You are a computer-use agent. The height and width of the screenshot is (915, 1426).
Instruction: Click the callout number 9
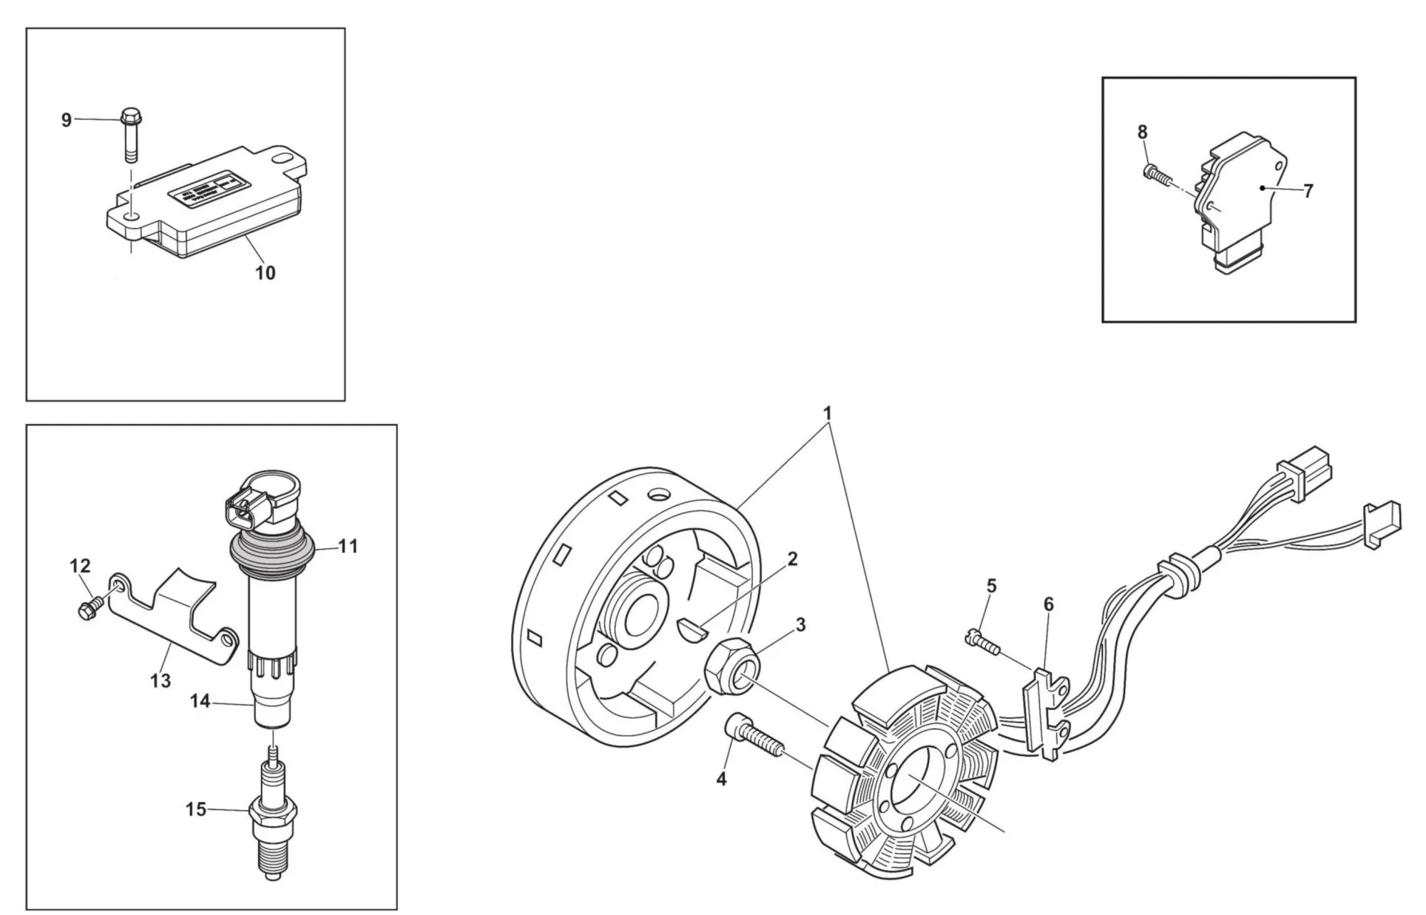click(x=66, y=120)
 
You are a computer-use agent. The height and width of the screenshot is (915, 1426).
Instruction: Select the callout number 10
click(x=265, y=273)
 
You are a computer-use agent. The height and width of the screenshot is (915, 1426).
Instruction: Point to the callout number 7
click(x=1308, y=191)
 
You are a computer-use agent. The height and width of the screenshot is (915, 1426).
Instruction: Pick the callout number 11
click(x=348, y=547)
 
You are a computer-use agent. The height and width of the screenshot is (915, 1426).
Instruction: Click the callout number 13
click(x=160, y=681)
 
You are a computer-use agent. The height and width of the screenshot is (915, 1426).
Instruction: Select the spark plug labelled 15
click(x=272, y=820)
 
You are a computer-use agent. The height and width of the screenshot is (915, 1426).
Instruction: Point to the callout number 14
click(x=200, y=701)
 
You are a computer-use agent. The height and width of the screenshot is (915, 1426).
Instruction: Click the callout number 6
click(x=1048, y=604)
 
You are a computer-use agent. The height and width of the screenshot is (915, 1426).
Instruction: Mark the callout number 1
click(x=827, y=413)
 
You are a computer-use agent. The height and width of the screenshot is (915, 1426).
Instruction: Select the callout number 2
click(x=792, y=559)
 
